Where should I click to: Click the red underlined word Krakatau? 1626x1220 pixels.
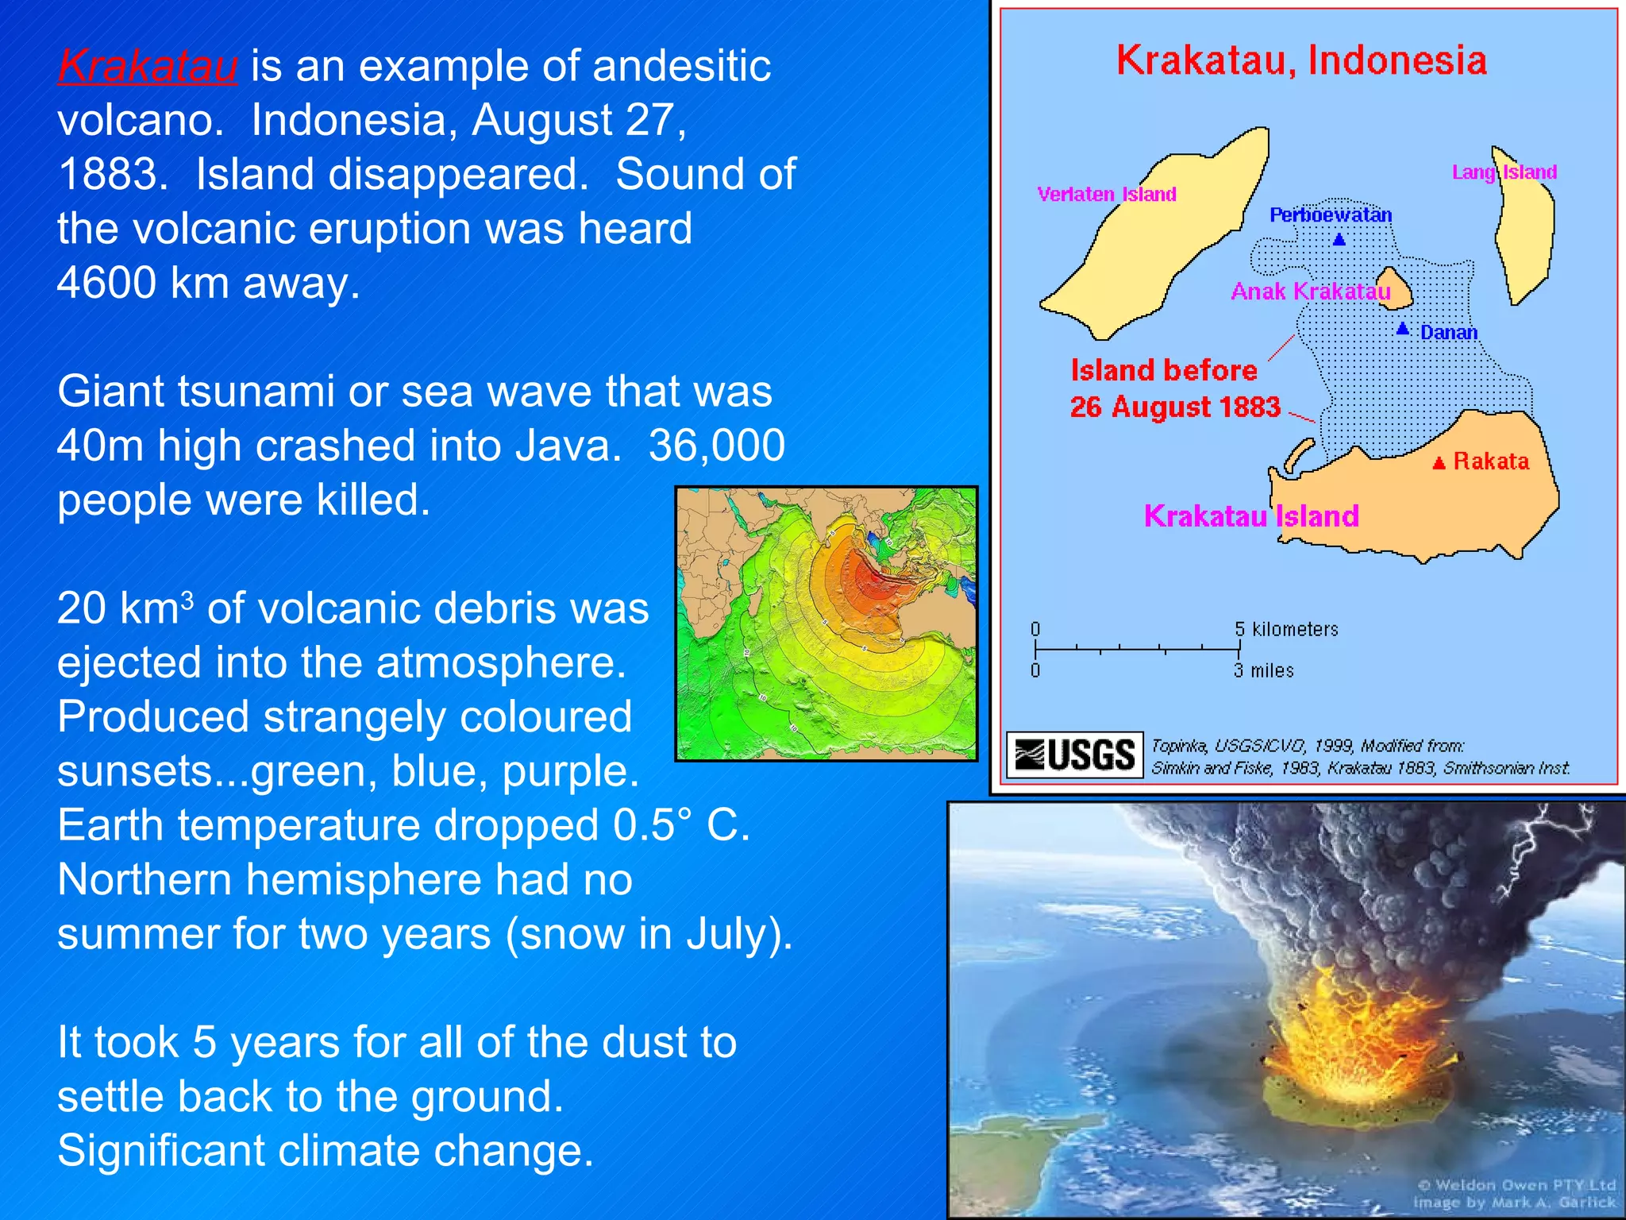click(148, 67)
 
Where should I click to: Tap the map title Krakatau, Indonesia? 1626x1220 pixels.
click(1301, 61)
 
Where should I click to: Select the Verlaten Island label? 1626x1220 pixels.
click(1106, 195)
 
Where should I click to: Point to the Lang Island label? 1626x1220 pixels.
click(1504, 172)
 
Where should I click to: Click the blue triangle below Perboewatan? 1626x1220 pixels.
click(1339, 239)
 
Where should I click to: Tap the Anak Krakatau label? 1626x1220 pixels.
click(1310, 291)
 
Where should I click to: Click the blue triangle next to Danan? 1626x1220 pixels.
click(1403, 328)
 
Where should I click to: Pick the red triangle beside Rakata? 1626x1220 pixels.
click(1439, 463)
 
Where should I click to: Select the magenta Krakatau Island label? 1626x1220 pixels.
click(1251, 516)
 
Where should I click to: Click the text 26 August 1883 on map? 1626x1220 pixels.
click(1175, 407)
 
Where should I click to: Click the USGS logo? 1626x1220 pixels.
click(1075, 755)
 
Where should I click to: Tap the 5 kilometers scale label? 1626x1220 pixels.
click(1286, 629)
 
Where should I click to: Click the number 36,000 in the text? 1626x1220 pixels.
click(717, 446)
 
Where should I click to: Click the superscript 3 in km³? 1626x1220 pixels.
click(187, 599)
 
